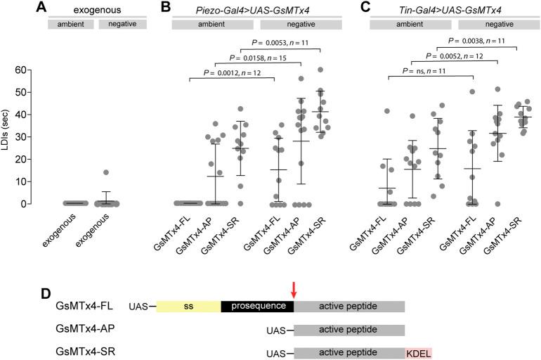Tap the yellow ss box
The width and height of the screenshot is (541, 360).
tap(188, 307)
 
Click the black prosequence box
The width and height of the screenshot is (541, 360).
tap(257, 307)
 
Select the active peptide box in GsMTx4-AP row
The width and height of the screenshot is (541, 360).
tap(348, 330)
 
